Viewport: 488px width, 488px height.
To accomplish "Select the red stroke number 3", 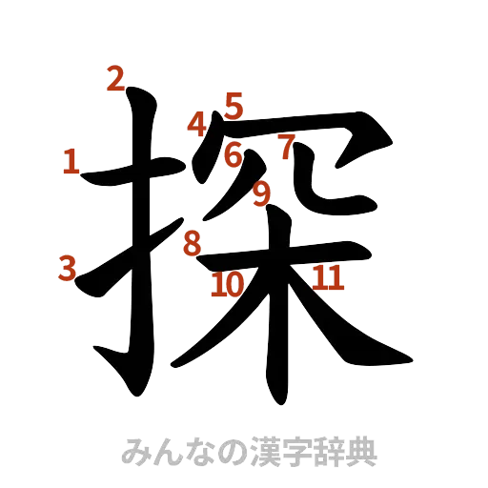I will pyautogui.click(x=66, y=268).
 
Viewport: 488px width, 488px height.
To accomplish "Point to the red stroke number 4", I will pyautogui.click(x=197, y=124).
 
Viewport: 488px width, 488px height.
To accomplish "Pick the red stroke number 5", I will pyautogui.click(x=234, y=103).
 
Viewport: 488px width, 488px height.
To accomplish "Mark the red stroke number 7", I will pyautogui.click(x=285, y=146).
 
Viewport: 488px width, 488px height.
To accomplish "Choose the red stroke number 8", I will pyautogui.click(x=193, y=243).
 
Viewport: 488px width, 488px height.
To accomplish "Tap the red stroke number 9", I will pyautogui.click(x=262, y=193).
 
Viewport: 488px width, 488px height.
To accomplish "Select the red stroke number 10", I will pyautogui.click(x=227, y=283).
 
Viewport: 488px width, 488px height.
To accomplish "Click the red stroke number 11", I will pyautogui.click(x=327, y=277).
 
